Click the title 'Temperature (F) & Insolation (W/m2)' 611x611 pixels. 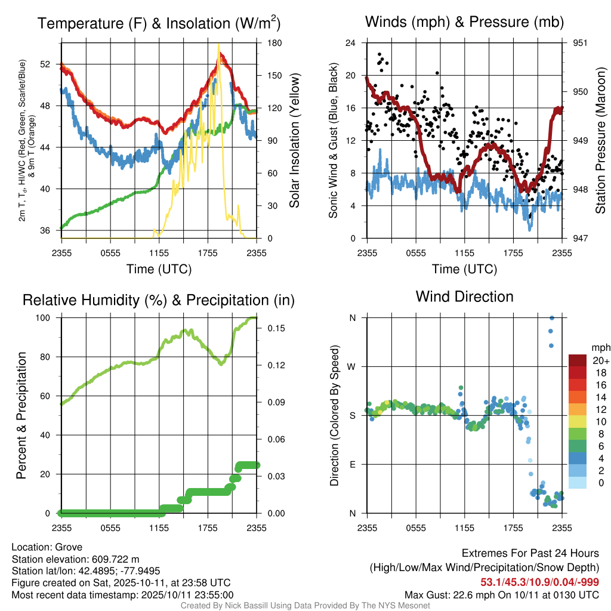[x=159, y=23]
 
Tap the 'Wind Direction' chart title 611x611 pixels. [x=464, y=296]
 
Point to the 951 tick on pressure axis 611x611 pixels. [x=580, y=43]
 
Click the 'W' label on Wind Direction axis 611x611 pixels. [x=353, y=366]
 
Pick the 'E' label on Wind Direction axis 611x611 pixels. [x=353, y=464]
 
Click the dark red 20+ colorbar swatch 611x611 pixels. [x=577, y=361]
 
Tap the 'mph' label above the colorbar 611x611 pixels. [x=600, y=347]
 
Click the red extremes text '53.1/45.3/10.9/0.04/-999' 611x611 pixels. [x=539, y=582]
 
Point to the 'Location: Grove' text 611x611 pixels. [x=47, y=547]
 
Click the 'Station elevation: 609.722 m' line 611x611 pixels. [x=75, y=559]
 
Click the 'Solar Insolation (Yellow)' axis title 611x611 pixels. [x=294, y=140]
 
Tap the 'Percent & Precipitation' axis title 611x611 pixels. [x=21, y=415]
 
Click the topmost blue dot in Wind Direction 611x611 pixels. [x=552, y=318]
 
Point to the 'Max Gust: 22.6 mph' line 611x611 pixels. [x=501, y=594]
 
